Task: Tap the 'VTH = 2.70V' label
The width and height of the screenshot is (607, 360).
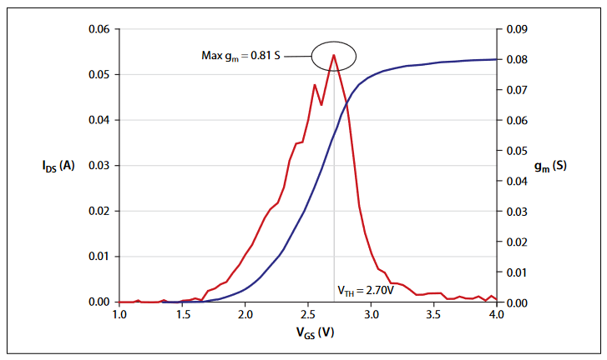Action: tap(365, 291)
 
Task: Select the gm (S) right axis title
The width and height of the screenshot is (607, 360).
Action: tap(550, 165)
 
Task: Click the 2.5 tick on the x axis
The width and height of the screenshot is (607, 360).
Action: tap(307, 315)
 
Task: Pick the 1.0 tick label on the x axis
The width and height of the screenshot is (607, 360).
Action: tap(119, 315)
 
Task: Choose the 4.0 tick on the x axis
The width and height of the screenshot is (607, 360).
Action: tap(496, 315)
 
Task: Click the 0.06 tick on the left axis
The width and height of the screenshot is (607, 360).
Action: tap(99, 29)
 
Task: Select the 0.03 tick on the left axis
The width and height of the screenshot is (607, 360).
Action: tap(99, 165)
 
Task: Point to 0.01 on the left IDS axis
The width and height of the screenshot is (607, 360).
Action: tap(99, 256)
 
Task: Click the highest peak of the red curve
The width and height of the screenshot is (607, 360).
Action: tap(334, 55)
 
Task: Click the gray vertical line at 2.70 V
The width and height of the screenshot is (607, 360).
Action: tap(334, 208)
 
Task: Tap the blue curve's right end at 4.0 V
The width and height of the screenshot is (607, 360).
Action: tap(495, 59)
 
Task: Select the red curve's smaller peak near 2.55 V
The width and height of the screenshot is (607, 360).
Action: tap(315, 85)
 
